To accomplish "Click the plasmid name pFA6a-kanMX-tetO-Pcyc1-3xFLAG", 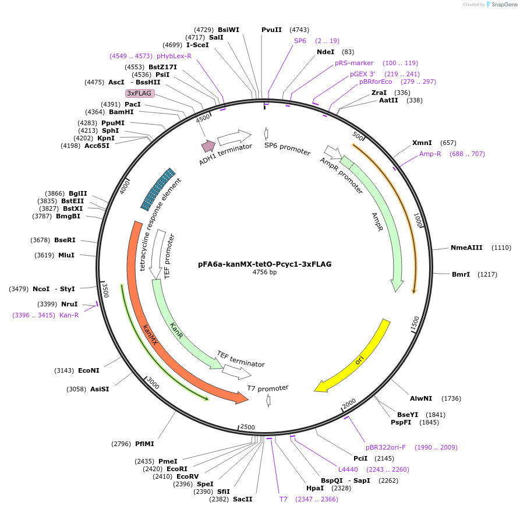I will (x=264, y=264).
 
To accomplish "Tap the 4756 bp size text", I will (x=264, y=272).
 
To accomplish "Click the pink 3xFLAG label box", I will (x=140, y=93).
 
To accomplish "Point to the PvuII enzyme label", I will (x=271, y=30).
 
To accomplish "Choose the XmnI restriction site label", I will (x=422, y=143).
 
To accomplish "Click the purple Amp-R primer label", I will (x=430, y=154).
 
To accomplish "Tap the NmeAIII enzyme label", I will (x=466, y=248).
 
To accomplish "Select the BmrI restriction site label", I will (x=461, y=274).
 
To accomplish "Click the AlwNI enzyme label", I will (x=421, y=398).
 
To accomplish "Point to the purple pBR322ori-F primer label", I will (x=385, y=447).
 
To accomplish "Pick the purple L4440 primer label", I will (x=348, y=469).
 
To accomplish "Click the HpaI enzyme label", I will (x=314, y=488).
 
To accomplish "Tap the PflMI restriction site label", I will (x=144, y=444).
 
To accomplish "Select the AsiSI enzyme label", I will (x=99, y=389).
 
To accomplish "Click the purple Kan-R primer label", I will (x=69, y=315).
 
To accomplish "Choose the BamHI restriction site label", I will (x=121, y=112).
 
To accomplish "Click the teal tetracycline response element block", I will (x=157, y=189).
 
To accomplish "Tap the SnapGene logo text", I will (x=504, y=4).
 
